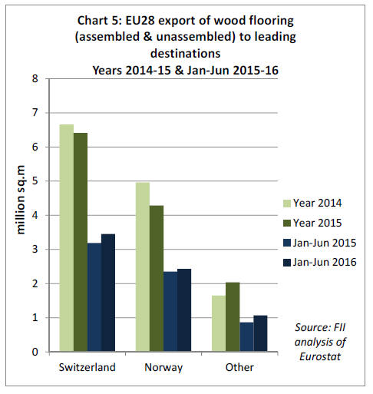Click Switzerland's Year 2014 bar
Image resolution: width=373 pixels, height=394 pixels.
click(x=67, y=238)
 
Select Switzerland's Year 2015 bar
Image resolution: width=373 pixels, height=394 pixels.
click(x=81, y=242)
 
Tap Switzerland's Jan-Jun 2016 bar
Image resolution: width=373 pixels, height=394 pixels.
click(x=108, y=293)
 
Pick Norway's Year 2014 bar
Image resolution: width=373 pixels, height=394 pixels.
click(x=143, y=267)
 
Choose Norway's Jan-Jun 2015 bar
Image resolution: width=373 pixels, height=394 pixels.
click(x=170, y=312)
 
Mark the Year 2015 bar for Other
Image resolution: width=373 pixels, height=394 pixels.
click(x=233, y=317)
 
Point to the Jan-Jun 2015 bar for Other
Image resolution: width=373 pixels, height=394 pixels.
click(x=246, y=337)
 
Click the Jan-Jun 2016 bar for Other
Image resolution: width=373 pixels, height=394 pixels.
click(x=260, y=333)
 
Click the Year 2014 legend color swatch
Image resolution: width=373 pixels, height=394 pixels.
click(x=287, y=204)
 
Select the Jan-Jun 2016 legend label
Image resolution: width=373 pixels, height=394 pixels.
click(x=325, y=262)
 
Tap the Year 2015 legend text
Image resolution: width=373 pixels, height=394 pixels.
click(x=317, y=223)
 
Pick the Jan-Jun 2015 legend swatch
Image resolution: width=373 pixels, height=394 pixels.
click(x=287, y=243)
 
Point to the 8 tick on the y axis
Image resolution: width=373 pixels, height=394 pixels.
click(x=35, y=78)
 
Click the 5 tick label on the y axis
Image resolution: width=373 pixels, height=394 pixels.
click(x=35, y=181)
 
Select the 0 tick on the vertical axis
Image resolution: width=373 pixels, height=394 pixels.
click(x=35, y=352)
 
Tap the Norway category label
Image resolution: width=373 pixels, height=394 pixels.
click(x=163, y=367)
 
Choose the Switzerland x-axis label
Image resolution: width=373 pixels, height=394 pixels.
click(x=87, y=367)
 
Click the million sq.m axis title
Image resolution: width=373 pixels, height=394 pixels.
click(x=21, y=200)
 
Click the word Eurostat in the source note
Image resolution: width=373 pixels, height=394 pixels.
click(x=320, y=356)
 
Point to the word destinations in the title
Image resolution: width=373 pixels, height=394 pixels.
click(x=185, y=54)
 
